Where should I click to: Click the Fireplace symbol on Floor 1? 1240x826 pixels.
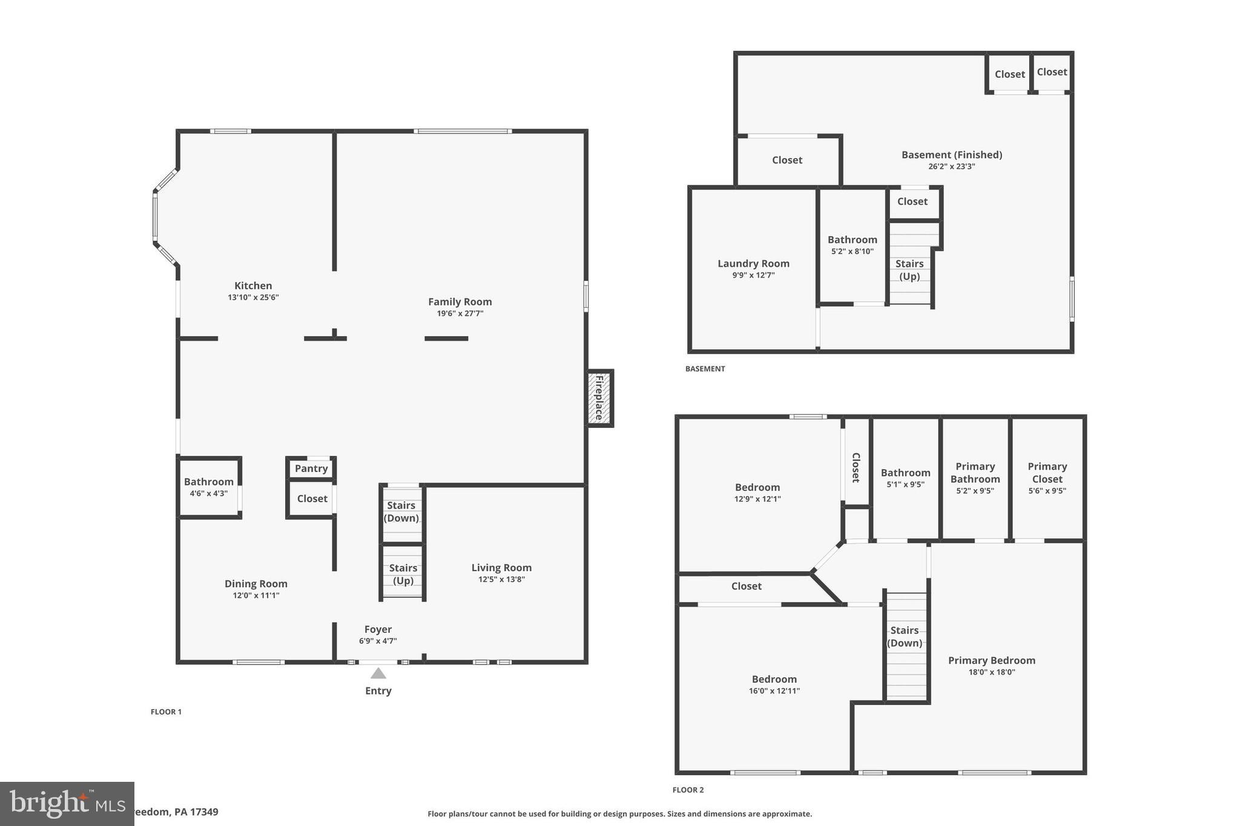(x=599, y=398)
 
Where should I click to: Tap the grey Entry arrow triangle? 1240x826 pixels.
(x=378, y=674)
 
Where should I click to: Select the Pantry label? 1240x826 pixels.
(x=311, y=468)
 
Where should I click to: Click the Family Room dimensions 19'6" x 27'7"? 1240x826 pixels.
(x=460, y=313)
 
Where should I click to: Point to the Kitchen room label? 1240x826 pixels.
(x=253, y=286)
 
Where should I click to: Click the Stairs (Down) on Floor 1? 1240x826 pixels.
(x=401, y=512)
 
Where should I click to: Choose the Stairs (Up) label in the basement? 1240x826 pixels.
(x=909, y=270)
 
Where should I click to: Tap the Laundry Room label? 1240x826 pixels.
(x=753, y=263)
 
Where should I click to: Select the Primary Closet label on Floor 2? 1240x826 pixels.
(x=1047, y=473)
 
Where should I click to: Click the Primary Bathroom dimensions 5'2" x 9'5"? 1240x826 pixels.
(x=975, y=491)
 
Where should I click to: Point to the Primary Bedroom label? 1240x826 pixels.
(x=991, y=660)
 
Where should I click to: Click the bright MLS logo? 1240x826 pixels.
(x=67, y=804)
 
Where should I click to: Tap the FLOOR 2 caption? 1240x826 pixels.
(x=688, y=790)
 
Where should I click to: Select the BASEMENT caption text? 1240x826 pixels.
(x=705, y=369)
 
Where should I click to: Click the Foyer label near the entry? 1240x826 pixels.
(x=378, y=629)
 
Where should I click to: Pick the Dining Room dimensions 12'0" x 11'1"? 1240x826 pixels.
(x=256, y=595)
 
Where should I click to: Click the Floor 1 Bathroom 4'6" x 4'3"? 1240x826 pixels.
(x=209, y=487)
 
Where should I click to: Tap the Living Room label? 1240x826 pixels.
(x=501, y=568)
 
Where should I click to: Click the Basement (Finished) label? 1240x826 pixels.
(x=951, y=155)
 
